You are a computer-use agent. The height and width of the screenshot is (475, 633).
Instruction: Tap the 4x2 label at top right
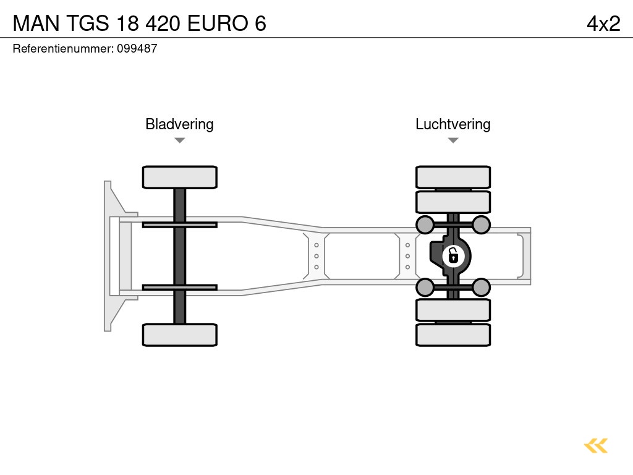[x=603, y=23]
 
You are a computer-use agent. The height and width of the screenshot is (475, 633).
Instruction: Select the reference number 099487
[x=137, y=49]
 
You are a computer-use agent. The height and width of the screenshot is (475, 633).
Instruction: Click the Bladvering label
[x=179, y=124]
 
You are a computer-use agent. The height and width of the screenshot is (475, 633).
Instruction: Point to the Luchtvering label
[x=452, y=124]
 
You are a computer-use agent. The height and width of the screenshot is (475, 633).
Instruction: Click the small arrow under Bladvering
[x=179, y=140]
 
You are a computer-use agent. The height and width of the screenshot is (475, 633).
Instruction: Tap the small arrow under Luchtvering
[x=452, y=140]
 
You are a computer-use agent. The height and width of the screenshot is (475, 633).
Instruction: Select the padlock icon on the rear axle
[x=453, y=255]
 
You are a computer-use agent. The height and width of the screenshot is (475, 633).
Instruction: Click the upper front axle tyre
[x=179, y=177]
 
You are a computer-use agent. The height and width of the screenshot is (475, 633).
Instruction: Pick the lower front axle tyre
[x=179, y=335]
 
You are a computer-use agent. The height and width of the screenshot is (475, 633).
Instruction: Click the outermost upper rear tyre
[x=452, y=177]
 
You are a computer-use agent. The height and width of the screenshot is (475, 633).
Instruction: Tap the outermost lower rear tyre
[x=452, y=335]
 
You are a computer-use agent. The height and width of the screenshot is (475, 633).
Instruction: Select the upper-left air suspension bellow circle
[x=425, y=225]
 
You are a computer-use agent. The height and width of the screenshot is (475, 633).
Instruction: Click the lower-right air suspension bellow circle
[x=481, y=287]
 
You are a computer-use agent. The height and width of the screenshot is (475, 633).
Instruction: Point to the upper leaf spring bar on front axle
[x=179, y=225]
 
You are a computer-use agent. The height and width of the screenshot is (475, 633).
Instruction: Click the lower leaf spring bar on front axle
[x=179, y=287]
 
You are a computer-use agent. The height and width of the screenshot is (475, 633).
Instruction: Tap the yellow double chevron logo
[x=596, y=445]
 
